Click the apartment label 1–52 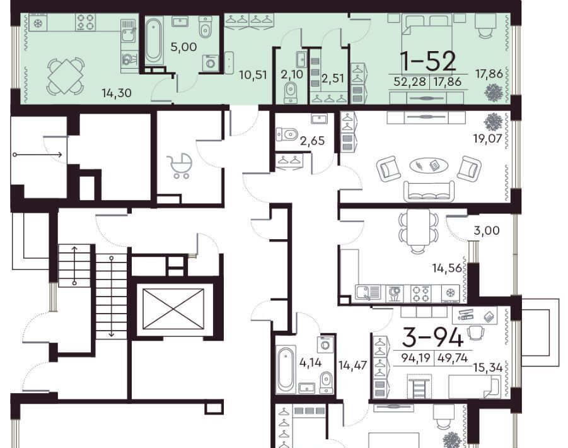(x=428, y=61)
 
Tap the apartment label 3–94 (x=432, y=338)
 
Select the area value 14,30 (x=116, y=93)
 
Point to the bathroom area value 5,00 (x=183, y=47)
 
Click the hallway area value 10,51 (x=253, y=75)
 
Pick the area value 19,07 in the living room (x=487, y=138)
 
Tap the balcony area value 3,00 (x=487, y=230)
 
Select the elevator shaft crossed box (x=173, y=309)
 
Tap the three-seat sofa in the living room (x=429, y=191)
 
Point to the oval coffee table (x=429, y=166)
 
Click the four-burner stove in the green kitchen (x=86, y=21)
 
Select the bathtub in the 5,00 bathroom (x=153, y=40)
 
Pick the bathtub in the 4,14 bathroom (x=286, y=368)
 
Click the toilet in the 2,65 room (x=287, y=134)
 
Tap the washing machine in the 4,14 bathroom (x=325, y=344)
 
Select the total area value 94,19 (x=416, y=358)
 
